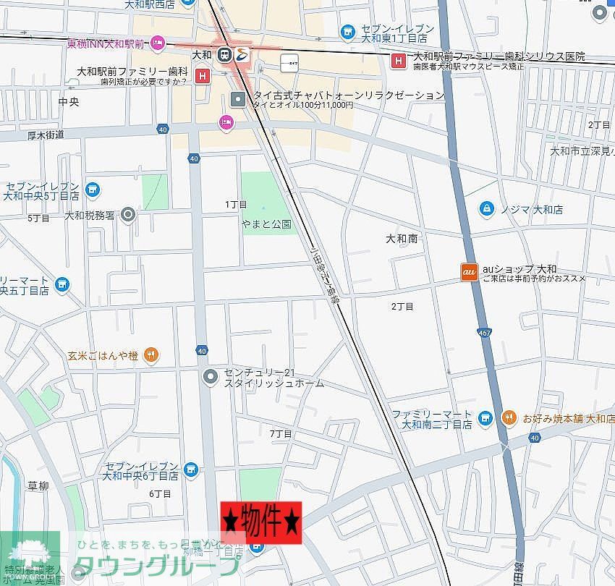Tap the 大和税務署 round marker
(129, 214)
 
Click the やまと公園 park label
(266, 224)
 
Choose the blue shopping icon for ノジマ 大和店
(488, 209)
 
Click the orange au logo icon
(469, 272)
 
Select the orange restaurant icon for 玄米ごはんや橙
(151, 354)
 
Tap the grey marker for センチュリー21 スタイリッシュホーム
(211, 375)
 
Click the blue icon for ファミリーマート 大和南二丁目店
(485, 417)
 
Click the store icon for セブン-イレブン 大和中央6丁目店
(191, 470)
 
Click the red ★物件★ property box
(260, 522)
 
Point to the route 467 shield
(483, 332)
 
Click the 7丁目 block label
(280, 433)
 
